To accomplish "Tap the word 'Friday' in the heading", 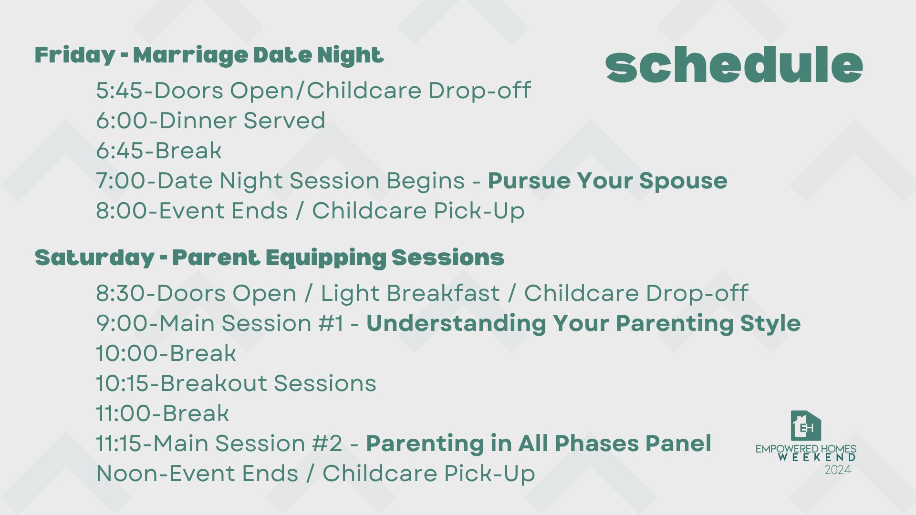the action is (x=75, y=56).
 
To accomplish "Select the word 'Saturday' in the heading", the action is (x=94, y=258).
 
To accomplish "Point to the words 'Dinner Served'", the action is (x=242, y=121).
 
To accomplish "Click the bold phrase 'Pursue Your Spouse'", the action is (x=607, y=181).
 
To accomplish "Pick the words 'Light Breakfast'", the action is (x=410, y=293).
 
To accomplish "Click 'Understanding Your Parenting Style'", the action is (x=583, y=324).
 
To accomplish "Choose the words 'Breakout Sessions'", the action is (x=268, y=383).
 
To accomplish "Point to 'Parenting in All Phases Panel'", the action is (x=539, y=443).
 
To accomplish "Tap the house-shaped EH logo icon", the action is (x=806, y=426).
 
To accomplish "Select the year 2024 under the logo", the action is (x=838, y=470).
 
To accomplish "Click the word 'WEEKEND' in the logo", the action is (x=817, y=457).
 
